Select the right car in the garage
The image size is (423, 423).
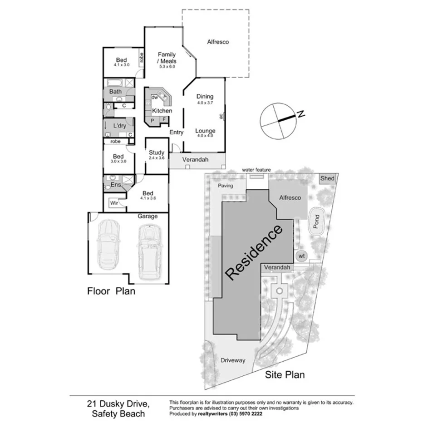pos(148,252)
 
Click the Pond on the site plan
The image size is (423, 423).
pos(317,221)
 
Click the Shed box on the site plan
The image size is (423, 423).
pos(327,178)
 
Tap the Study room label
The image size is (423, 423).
pos(157,153)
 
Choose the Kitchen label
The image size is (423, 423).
pos(162,111)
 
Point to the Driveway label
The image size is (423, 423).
pos(233,360)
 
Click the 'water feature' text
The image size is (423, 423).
pos(256,170)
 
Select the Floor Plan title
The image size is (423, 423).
pos(111,291)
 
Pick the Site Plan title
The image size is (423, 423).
pos(285,375)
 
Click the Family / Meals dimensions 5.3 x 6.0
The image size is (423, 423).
pos(167,67)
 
